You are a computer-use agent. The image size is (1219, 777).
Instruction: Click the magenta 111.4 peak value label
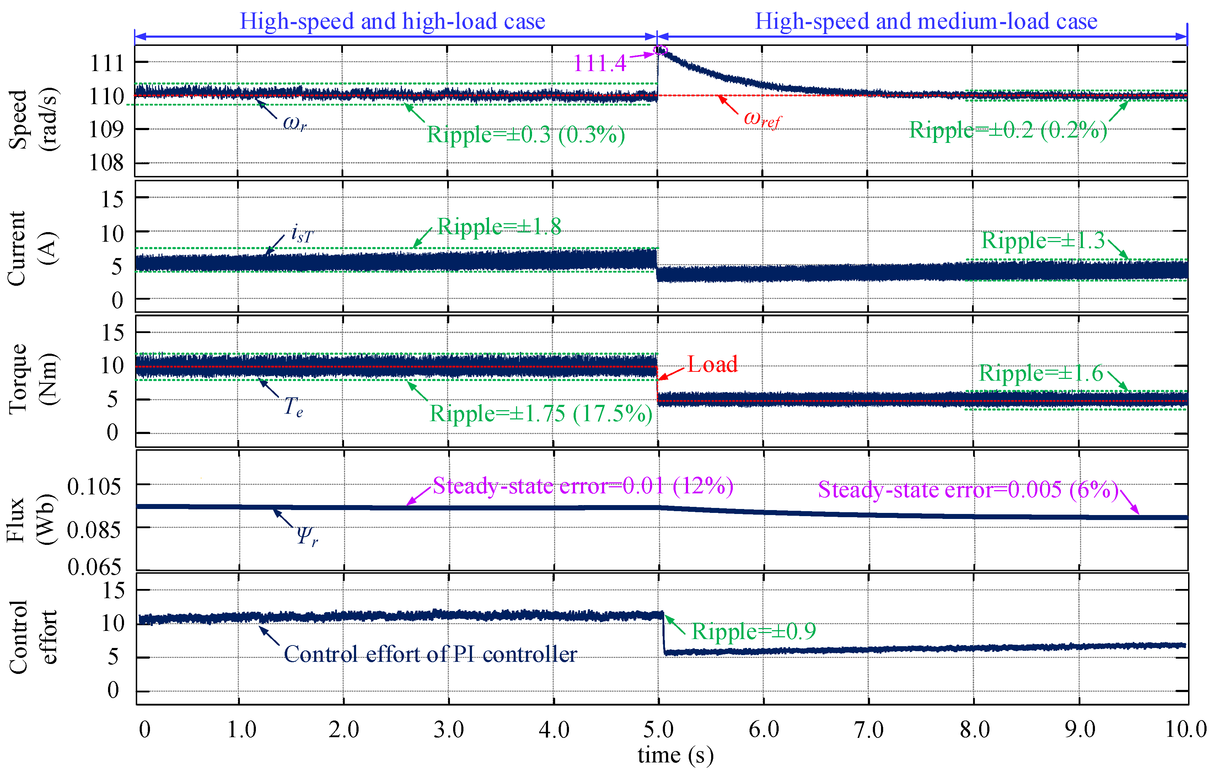[x=600, y=64]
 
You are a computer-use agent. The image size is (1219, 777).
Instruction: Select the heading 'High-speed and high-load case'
[x=392, y=21]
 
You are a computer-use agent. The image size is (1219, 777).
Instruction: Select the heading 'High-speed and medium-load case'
[x=926, y=21]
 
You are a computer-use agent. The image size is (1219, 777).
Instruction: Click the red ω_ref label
[x=762, y=119]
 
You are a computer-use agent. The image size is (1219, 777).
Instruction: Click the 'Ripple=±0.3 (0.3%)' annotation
[x=526, y=135]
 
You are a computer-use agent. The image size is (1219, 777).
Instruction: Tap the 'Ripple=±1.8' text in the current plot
[x=499, y=226]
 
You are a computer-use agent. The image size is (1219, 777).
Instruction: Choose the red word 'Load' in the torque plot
[x=712, y=364]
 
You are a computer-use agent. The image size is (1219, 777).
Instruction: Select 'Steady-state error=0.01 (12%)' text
[x=583, y=486]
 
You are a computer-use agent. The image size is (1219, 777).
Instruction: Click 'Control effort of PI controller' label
[x=430, y=654]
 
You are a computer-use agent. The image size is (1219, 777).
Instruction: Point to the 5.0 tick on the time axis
[x=659, y=729]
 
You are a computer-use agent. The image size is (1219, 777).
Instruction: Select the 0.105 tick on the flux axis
[x=94, y=487]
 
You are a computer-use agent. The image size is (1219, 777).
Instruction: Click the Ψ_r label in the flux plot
[x=307, y=536]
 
